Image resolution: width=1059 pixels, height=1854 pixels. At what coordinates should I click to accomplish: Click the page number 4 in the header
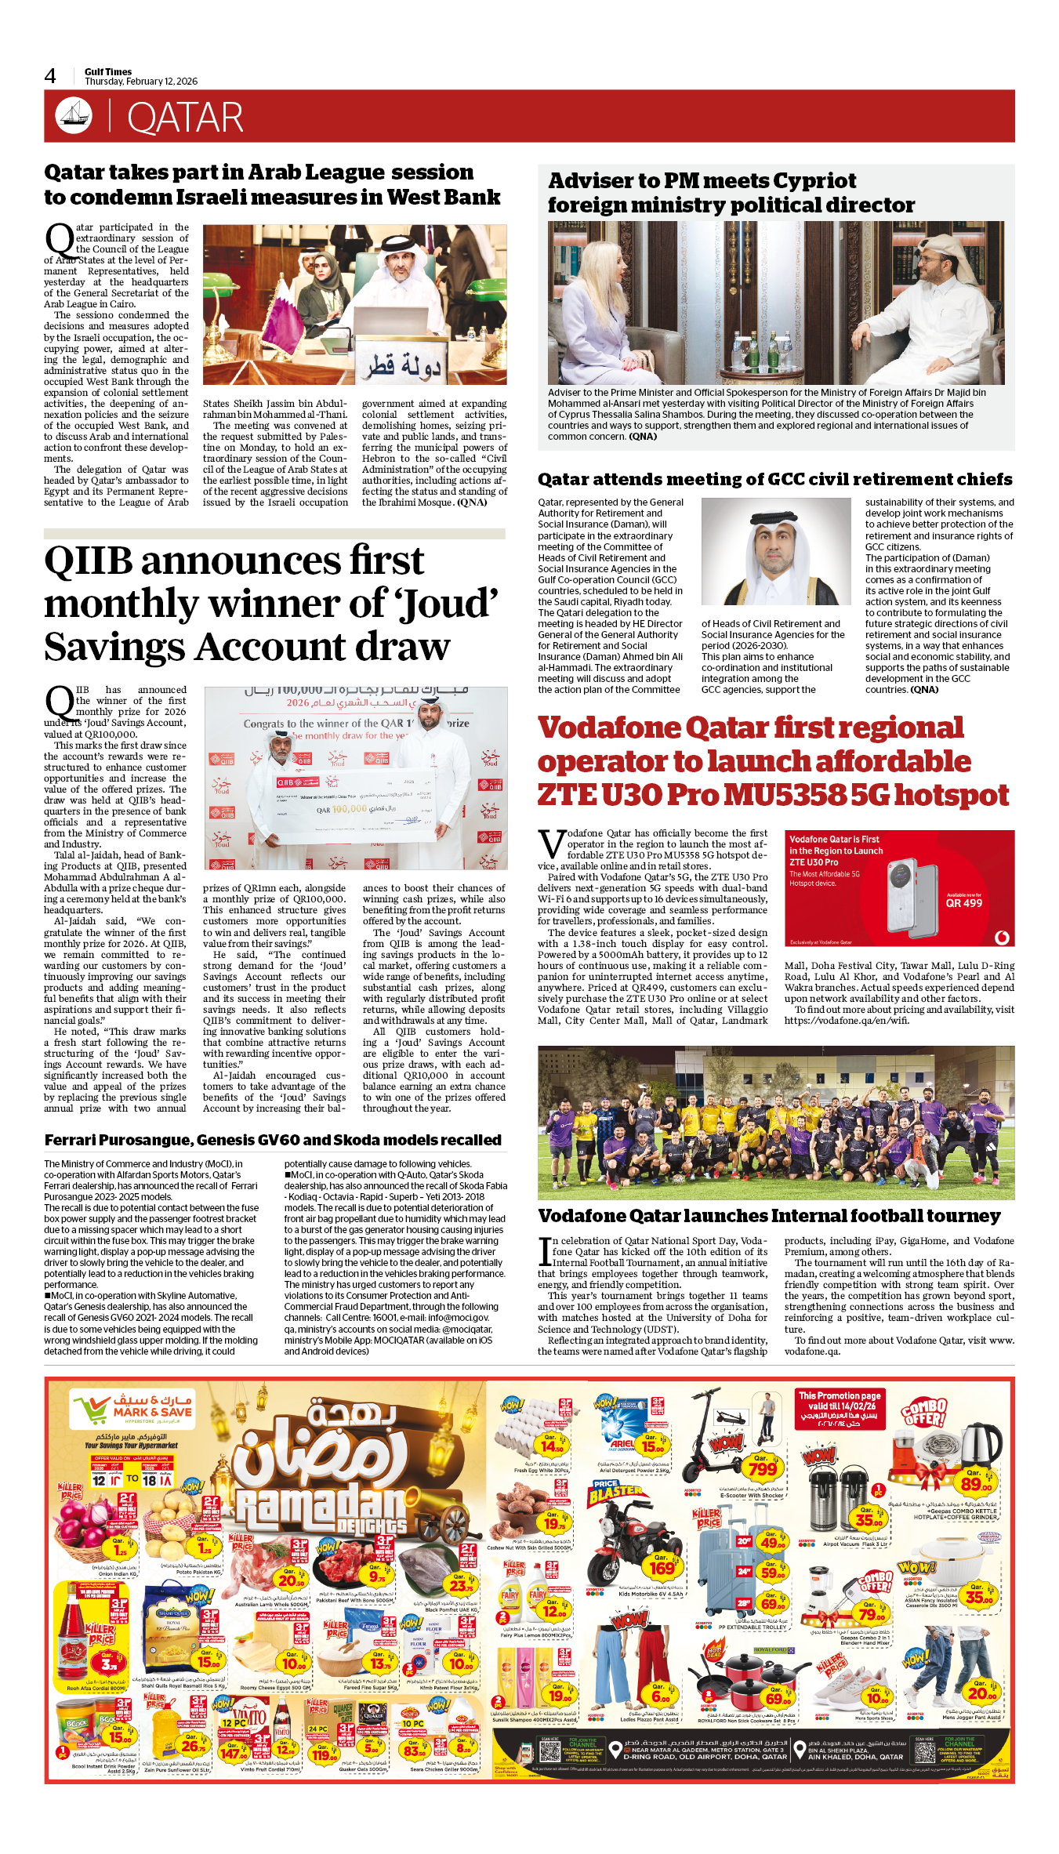50,76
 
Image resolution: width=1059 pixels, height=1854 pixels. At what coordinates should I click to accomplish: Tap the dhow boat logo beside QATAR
73,115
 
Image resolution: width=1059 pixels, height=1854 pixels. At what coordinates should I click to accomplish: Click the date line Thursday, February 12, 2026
141,82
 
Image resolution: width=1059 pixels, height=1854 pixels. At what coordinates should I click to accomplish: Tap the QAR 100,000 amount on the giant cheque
342,809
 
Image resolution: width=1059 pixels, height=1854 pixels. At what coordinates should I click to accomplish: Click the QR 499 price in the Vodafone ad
963,903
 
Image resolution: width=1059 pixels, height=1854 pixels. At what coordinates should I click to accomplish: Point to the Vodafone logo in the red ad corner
1001,937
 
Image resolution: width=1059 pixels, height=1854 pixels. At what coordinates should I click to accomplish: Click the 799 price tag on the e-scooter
762,1468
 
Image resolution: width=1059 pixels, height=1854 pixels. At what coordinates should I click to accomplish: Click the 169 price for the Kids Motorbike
662,1568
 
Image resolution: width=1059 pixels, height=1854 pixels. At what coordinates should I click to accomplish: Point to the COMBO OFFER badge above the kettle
924,1412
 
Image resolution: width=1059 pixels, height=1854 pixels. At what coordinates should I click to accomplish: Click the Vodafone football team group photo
775,1122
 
